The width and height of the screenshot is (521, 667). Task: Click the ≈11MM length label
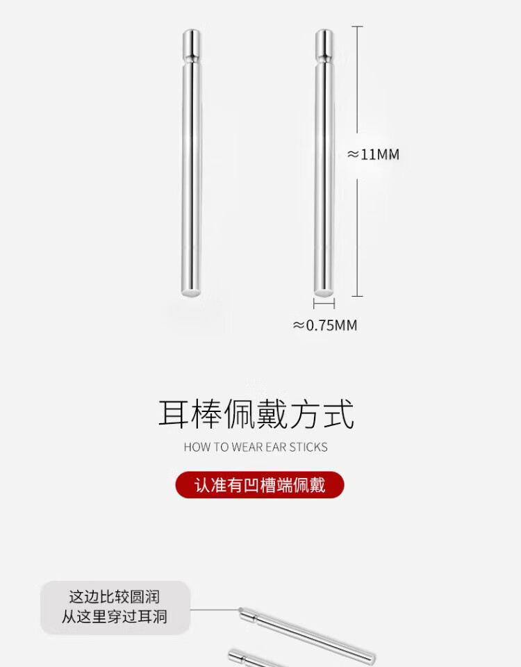(x=374, y=154)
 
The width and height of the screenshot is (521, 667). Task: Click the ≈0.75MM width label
(x=325, y=325)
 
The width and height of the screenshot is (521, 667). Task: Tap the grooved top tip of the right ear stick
(x=324, y=43)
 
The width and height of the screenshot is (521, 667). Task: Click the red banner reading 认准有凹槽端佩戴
(x=260, y=484)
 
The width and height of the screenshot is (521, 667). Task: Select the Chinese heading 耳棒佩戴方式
(x=256, y=414)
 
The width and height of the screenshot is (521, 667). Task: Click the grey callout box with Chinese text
(x=115, y=607)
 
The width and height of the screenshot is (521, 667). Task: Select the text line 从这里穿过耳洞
(x=115, y=616)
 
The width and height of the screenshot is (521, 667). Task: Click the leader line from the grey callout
(x=214, y=610)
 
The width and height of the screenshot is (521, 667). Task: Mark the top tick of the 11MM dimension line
(x=357, y=26)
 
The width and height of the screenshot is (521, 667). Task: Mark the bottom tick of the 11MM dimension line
(x=357, y=296)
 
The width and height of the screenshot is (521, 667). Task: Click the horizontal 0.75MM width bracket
(x=324, y=304)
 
